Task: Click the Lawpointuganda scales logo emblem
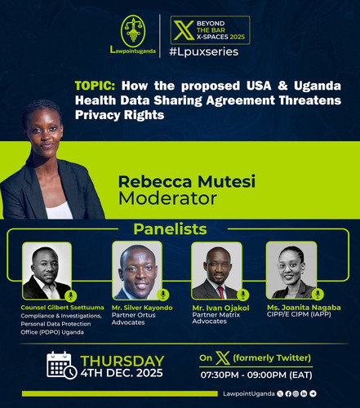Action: [x=133, y=32]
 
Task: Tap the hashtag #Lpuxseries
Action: [x=204, y=51]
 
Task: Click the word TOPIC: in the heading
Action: [x=95, y=86]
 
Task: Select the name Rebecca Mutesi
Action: [x=187, y=181]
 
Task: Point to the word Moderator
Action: [x=167, y=198]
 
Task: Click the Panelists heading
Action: [x=170, y=229]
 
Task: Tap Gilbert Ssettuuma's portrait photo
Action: [x=47, y=271]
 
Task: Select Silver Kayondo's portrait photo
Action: [x=137, y=271]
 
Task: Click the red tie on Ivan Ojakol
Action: [x=220, y=292]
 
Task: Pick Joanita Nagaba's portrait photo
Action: [x=291, y=270]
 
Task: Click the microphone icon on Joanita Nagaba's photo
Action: [x=318, y=295]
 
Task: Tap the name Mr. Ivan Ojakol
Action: [x=220, y=308]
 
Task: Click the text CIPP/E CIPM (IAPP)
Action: [x=299, y=314]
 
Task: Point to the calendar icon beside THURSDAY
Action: [x=61, y=365]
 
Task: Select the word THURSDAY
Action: [x=122, y=361]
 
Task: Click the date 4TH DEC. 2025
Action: [x=122, y=373]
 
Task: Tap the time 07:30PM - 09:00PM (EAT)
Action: [x=256, y=375]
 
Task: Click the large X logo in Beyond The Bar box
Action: [x=184, y=30]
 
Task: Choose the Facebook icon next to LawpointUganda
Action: [x=288, y=393]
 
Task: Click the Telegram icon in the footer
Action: [x=313, y=393]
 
